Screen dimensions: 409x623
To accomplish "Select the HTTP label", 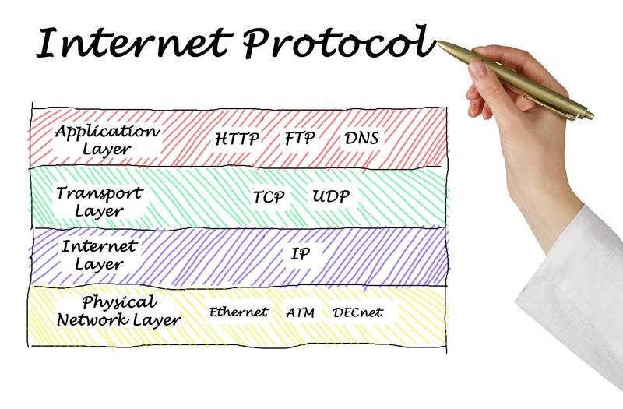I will pyautogui.click(x=238, y=139).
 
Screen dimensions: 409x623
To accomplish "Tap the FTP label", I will pyautogui.click(x=300, y=139).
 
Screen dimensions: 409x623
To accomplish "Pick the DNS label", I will pyautogui.click(x=362, y=139).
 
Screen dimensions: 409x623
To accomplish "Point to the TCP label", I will pyautogui.click(x=269, y=197).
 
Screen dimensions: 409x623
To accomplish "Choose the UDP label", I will pyautogui.click(x=331, y=196).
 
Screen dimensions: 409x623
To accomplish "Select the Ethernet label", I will pyautogui.click(x=238, y=312).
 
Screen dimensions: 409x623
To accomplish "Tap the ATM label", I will pyautogui.click(x=300, y=312).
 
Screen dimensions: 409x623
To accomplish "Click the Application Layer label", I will pyautogui.click(x=107, y=139).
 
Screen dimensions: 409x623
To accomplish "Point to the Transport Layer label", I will pyautogui.click(x=100, y=201).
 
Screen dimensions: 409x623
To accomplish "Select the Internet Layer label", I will pyautogui.click(x=99, y=255).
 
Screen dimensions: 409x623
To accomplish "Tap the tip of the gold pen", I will pyautogui.click(x=439, y=43).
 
